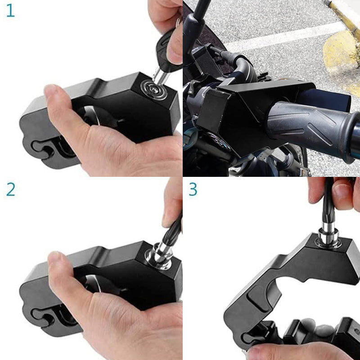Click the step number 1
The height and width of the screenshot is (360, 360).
(x=10, y=11)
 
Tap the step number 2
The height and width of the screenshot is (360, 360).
(x=10, y=189)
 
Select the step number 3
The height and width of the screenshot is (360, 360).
(x=193, y=189)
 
